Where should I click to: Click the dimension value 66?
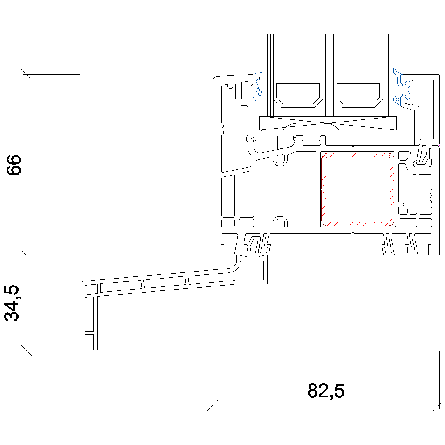coord(14,165)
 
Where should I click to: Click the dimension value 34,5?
coord(12,303)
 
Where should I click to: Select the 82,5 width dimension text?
coord(326,391)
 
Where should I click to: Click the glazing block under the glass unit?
coord(328,123)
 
